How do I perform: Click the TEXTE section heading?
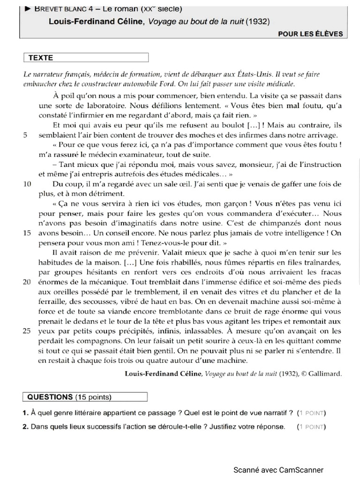pyautogui.click(x=41, y=58)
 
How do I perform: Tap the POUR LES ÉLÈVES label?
pyautogui.click(x=310, y=34)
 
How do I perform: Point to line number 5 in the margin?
pyautogui.click(x=25, y=135)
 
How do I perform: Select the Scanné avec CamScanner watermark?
pyautogui.click(x=279, y=470)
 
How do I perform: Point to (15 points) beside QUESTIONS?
pyautogui.click(x=93, y=397)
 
